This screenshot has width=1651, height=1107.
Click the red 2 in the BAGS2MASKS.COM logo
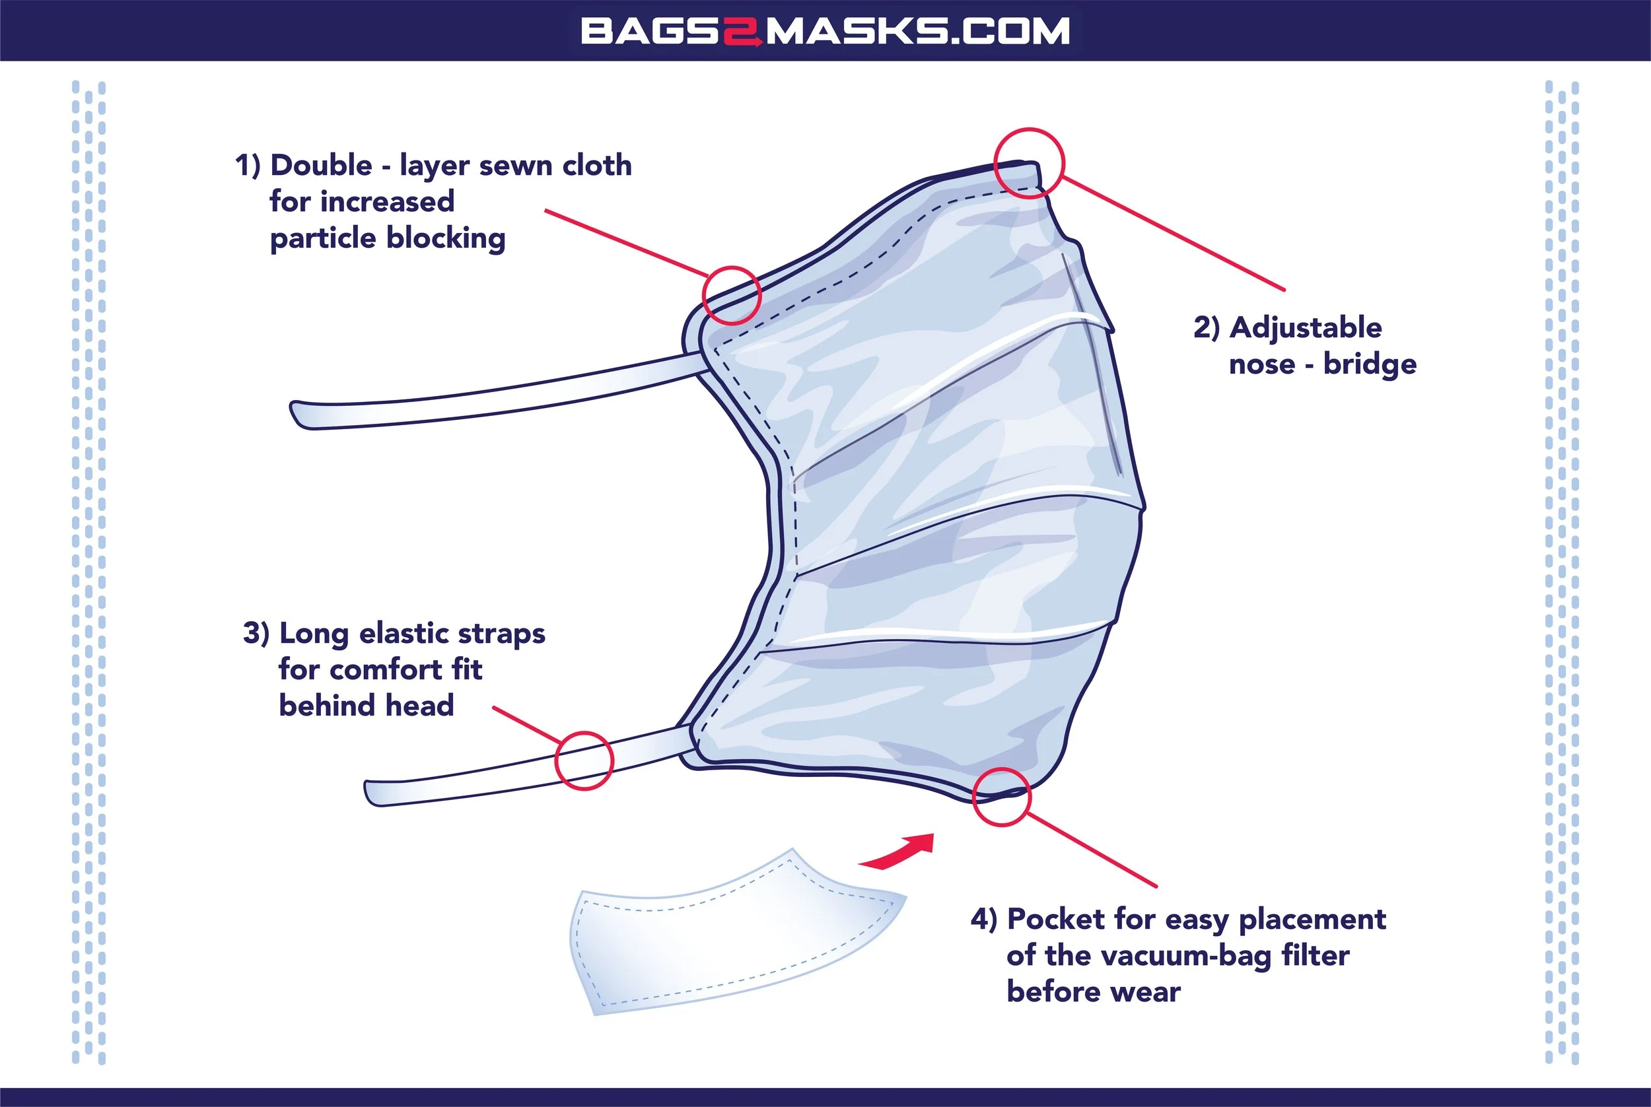pyautogui.click(x=742, y=32)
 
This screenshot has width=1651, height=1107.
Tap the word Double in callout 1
pyautogui.click(x=322, y=166)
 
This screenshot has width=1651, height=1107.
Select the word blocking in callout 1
pyautogui.click(x=446, y=238)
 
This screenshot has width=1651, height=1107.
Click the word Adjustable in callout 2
pyautogui.click(x=1306, y=328)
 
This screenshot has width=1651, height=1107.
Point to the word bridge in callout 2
pyautogui.click(x=1370, y=364)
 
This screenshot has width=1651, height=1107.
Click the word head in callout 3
pyautogui.click(x=419, y=705)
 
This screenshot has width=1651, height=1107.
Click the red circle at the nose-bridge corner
pyautogui.click(x=1028, y=163)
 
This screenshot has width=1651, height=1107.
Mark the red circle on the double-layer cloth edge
pyautogui.click(x=732, y=295)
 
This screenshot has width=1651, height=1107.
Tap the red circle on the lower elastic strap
pyautogui.click(x=584, y=760)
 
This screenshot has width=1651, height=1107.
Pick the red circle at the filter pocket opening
pyautogui.click(x=1001, y=797)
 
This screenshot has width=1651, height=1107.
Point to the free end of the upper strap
pyautogui.click(x=300, y=415)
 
